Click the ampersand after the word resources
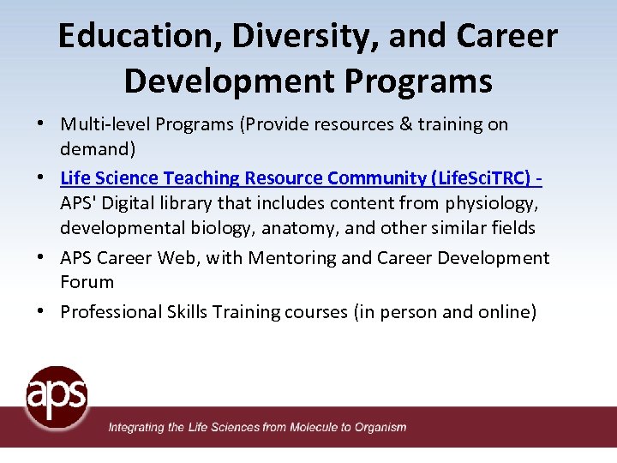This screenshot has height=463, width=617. (x=407, y=124)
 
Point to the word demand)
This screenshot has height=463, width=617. (x=98, y=149)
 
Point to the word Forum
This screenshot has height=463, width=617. (x=87, y=282)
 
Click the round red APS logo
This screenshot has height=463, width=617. (x=57, y=396)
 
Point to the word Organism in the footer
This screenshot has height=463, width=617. (x=380, y=427)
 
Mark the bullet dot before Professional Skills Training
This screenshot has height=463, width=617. (x=42, y=312)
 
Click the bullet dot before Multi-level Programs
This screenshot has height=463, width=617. (x=42, y=124)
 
